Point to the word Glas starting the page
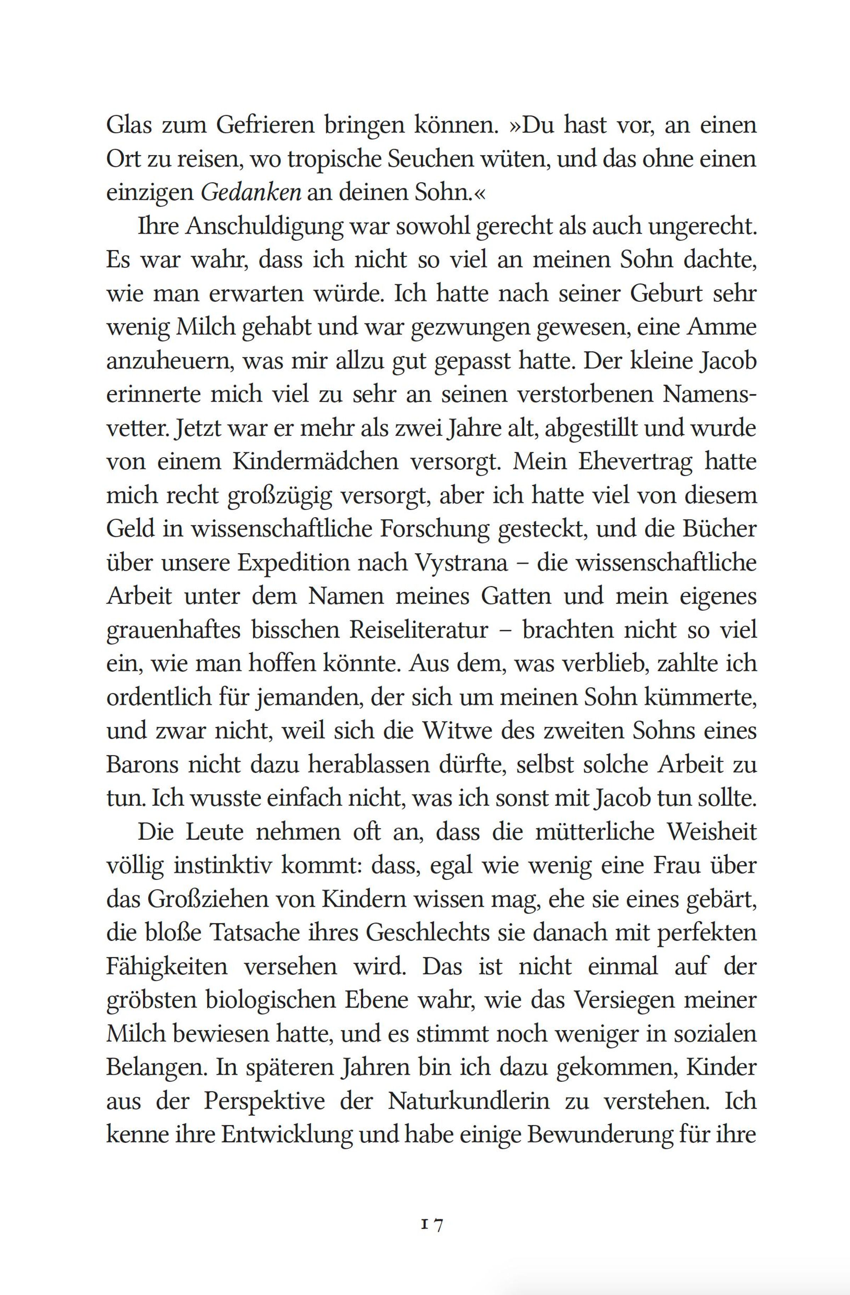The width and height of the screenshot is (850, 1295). click(128, 126)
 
